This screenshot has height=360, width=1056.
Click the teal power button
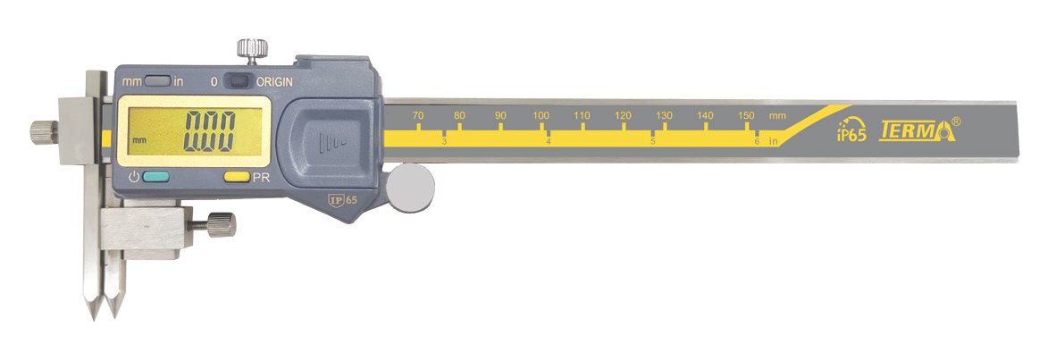[156, 178]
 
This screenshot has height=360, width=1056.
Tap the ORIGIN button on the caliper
[238, 81]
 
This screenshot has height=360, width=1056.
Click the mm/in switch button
[157, 82]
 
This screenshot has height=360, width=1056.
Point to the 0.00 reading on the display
[211, 131]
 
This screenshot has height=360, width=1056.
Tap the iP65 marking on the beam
[851, 130]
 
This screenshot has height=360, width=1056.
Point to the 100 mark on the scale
[541, 116]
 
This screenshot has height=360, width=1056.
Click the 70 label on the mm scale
[417, 116]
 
